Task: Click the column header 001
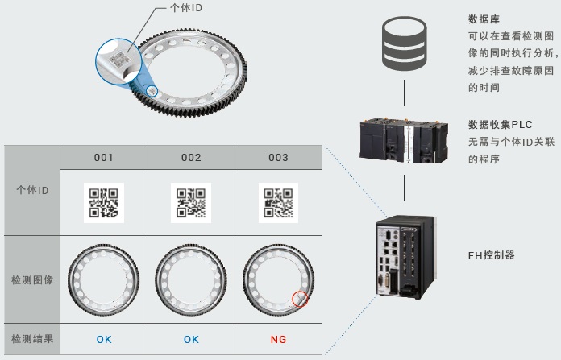coord(104,158)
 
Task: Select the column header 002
coord(191,158)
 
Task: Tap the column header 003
coord(278,158)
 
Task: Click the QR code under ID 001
coord(104,203)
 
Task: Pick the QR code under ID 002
coord(191,203)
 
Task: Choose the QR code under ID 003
coord(278,203)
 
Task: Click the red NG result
coord(278,339)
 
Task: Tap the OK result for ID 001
coord(104,339)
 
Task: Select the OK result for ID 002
coord(191,339)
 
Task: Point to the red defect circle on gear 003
coord(300,300)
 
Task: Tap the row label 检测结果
coord(33,339)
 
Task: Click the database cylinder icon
coord(403,43)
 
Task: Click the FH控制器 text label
coord(491,256)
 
